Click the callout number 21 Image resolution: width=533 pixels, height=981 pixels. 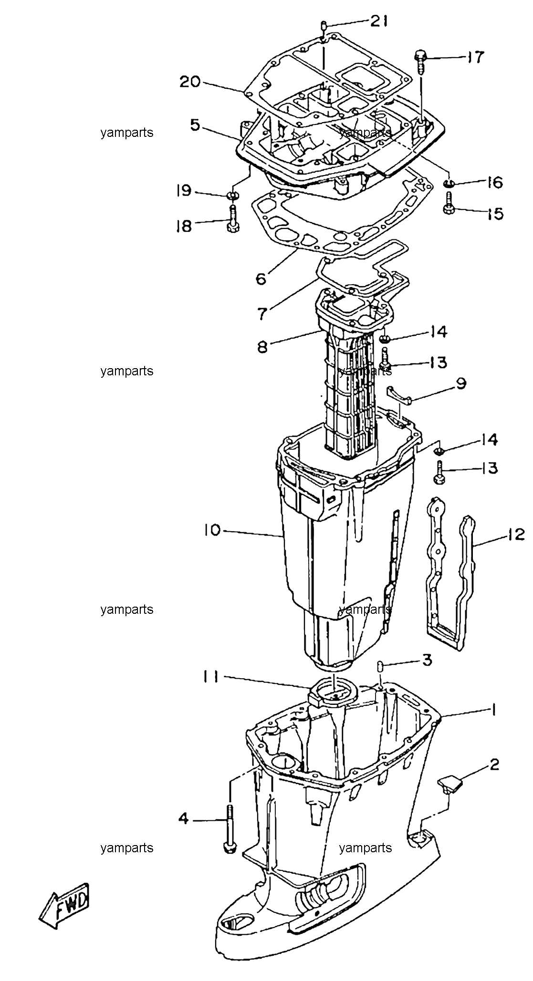[380, 21]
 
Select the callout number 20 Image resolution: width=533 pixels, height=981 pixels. [190, 82]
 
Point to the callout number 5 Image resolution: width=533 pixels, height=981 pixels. [195, 125]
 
